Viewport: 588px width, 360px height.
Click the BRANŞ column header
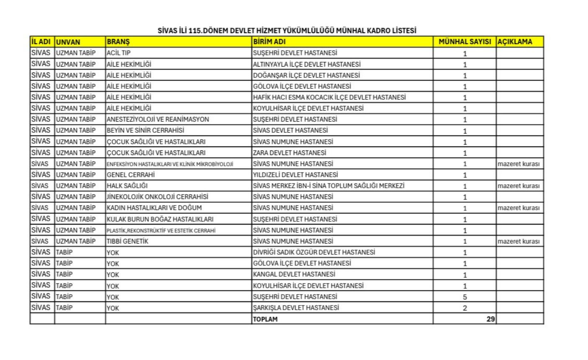tap(118, 42)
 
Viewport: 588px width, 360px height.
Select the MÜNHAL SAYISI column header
tap(464, 42)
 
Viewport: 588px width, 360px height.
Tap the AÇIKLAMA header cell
tap(515, 42)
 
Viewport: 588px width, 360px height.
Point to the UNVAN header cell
tap(68, 42)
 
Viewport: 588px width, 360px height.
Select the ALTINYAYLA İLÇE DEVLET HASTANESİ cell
tap(307, 64)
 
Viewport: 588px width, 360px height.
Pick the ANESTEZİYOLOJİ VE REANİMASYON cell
tap(158, 119)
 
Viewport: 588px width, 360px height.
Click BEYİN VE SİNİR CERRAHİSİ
tap(145, 130)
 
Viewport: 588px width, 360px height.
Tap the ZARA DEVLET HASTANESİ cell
tap(290, 153)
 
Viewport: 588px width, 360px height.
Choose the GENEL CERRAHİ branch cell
tap(131, 175)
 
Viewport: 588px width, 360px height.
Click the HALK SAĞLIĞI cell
tap(127, 186)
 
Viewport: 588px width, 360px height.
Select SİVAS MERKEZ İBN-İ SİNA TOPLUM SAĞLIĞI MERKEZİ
tap(329, 186)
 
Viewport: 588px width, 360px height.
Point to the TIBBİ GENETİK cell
tap(127, 241)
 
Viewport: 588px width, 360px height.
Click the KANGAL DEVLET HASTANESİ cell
tap(294, 275)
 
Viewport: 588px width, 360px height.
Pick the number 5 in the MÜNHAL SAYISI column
tap(465, 297)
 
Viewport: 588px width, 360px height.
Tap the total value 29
tap(490, 319)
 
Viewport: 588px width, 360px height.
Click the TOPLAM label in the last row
tap(265, 319)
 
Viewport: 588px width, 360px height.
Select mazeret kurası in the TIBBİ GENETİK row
tap(518, 241)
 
